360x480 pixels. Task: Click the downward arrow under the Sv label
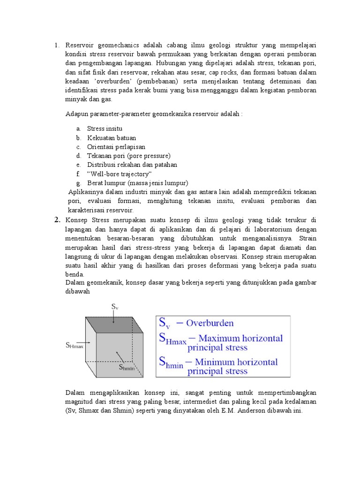113,317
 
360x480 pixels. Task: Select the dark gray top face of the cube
114,325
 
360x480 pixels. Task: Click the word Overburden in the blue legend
210,323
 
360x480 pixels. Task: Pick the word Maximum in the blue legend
227,338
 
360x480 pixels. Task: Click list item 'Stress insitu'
105,128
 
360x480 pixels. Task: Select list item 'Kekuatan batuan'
112,138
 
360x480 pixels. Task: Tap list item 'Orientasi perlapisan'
116,147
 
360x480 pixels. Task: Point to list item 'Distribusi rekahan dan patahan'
132,165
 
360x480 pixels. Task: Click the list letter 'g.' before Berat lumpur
78,183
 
